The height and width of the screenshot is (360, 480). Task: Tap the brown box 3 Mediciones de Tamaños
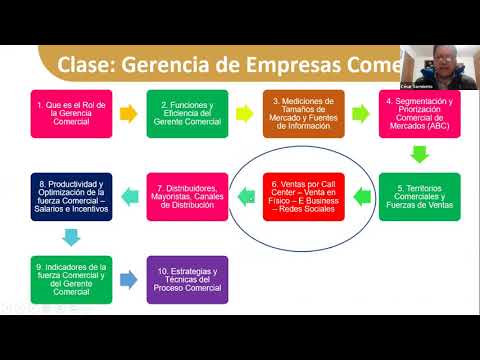point(303,113)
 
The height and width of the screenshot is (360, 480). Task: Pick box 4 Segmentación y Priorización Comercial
point(420,113)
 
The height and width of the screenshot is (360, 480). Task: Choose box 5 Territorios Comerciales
point(420,196)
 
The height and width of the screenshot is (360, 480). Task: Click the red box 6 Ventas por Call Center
point(304,196)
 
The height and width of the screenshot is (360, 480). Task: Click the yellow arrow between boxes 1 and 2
point(127,112)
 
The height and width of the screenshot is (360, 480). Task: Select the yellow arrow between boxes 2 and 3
point(245,112)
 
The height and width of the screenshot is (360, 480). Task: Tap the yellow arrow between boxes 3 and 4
point(361,112)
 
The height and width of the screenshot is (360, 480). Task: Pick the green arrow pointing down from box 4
point(420,154)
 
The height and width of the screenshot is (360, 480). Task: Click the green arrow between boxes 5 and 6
point(361,195)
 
